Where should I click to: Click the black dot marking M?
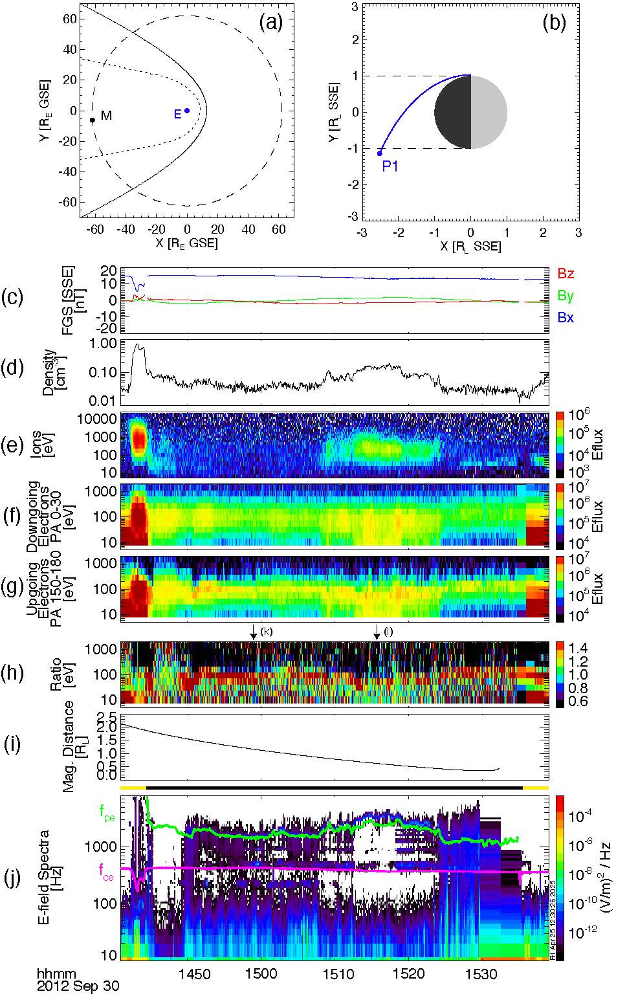point(93,120)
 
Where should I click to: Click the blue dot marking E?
point(187,111)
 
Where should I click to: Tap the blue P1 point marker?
point(380,153)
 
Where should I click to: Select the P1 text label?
point(390,166)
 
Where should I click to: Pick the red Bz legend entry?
point(566,274)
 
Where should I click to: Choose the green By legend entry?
point(566,296)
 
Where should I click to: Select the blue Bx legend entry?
point(566,318)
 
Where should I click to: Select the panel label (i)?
point(13,745)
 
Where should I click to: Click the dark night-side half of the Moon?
point(452,112)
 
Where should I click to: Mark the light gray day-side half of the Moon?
point(489,112)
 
